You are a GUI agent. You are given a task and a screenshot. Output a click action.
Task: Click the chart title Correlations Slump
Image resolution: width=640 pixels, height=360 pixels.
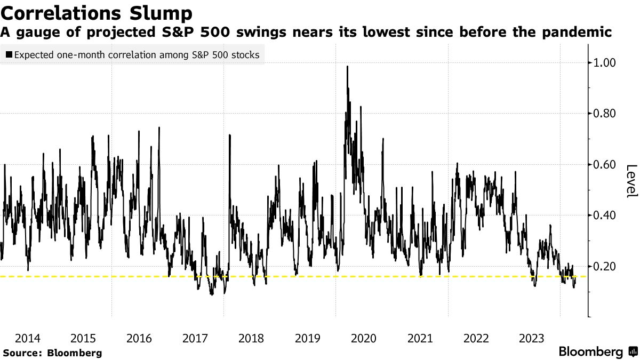tap(97, 12)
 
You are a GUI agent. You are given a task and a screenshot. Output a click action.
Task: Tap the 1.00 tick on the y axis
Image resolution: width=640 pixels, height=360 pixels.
tap(604, 63)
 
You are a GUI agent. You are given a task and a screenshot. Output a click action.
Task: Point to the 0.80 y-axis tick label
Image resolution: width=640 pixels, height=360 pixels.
tap(604, 114)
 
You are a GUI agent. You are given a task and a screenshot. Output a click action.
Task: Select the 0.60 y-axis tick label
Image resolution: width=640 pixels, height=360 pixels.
tap(604, 164)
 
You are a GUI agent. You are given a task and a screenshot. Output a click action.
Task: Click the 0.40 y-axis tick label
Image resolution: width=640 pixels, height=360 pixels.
tap(604, 215)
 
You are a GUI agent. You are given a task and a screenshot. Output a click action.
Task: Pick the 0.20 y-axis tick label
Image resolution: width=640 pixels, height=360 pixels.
tap(604, 266)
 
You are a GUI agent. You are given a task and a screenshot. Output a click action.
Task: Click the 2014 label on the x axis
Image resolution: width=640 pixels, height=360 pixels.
tap(27, 338)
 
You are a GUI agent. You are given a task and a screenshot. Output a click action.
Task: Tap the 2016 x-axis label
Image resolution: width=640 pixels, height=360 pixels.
tap(139, 338)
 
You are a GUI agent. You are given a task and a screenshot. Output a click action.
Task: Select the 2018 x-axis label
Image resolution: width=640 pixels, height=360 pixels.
tap(251, 338)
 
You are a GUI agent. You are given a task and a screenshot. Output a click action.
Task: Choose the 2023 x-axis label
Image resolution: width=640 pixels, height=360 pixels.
tap(532, 338)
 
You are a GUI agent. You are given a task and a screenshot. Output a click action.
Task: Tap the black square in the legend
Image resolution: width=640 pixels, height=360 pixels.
tap(9, 55)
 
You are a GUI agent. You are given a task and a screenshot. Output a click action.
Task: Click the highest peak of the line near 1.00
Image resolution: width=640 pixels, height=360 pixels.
tap(348, 67)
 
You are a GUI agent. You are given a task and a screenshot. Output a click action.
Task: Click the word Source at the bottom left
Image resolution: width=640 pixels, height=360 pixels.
tap(21, 353)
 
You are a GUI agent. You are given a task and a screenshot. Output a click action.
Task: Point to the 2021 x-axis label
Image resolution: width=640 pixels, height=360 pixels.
tap(420, 338)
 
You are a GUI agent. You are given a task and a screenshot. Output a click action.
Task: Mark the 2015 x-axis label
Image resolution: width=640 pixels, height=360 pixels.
tap(83, 338)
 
